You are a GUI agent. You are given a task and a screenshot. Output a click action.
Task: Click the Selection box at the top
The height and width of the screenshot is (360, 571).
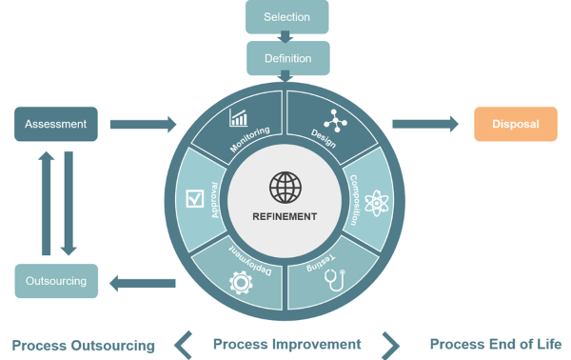point(286,16)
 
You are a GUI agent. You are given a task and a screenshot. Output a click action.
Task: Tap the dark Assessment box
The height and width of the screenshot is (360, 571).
point(55,124)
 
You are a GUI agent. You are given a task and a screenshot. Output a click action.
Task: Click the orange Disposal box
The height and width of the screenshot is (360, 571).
point(516,124)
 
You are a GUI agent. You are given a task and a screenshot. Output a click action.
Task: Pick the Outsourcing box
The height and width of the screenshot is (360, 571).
point(55,281)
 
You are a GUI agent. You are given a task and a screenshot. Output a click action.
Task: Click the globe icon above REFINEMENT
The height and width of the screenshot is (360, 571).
point(285,187)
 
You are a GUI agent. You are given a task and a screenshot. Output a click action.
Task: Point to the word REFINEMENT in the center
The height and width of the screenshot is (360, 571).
point(285,216)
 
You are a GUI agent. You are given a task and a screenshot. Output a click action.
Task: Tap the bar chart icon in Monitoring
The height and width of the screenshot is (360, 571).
point(239,119)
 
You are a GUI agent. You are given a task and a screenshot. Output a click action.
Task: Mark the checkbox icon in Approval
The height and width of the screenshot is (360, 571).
point(195,199)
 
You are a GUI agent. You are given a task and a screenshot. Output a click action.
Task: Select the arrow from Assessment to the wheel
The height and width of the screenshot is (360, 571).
point(143,124)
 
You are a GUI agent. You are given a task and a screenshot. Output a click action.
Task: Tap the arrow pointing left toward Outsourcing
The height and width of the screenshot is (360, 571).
point(143,282)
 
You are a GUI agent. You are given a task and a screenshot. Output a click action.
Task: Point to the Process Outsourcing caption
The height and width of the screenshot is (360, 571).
point(83,345)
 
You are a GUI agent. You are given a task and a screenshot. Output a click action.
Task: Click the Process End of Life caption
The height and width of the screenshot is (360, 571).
point(495,344)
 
